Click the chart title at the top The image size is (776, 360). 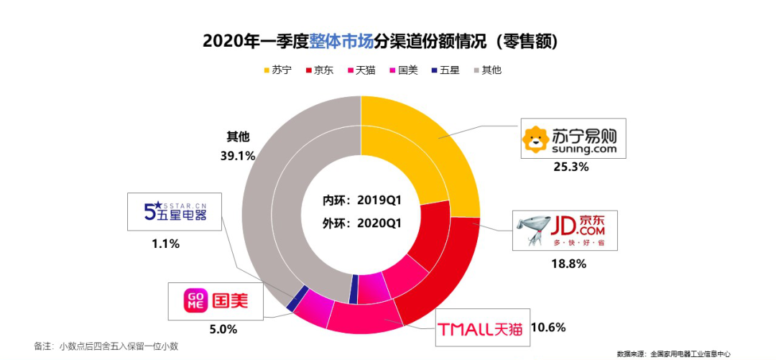(381, 42)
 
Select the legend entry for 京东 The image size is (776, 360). (319, 70)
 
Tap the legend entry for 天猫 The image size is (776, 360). (360, 70)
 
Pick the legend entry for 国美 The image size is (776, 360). (402, 70)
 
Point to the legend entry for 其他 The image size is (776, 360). (486, 70)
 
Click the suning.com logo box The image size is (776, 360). (573, 139)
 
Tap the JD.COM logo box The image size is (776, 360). (563, 230)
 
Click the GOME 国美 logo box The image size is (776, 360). (216, 300)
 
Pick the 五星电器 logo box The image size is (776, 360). (175, 211)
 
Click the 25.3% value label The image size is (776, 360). (573, 167)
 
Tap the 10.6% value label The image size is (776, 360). (548, 328)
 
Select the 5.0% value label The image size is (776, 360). (223, 329)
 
